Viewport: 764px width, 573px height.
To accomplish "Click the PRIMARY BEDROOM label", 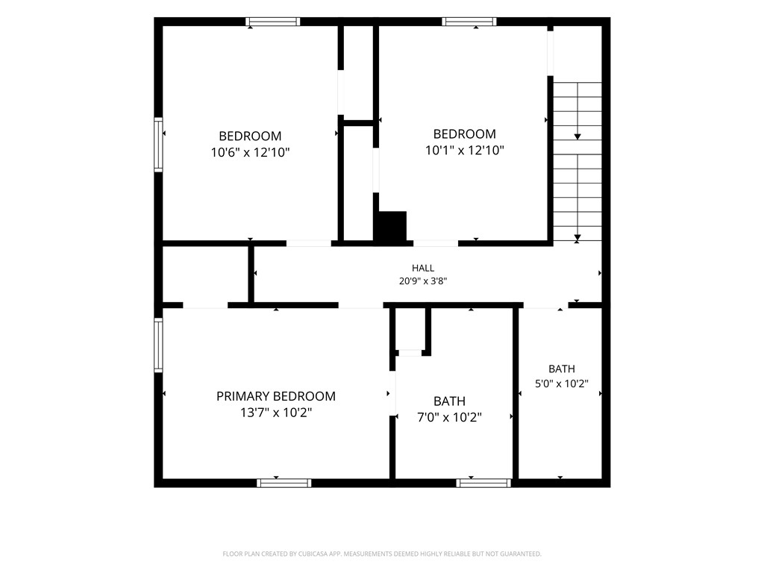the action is click(276, 396).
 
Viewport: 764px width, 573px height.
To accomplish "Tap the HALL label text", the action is click(423, 268).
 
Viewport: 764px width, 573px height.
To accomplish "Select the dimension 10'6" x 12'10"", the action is click(250, 152).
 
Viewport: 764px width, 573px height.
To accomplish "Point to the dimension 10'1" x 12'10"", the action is click(464, 150).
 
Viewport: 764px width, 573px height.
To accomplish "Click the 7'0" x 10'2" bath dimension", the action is click(449, 418).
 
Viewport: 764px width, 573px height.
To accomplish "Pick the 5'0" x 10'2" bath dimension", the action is click(562, 383).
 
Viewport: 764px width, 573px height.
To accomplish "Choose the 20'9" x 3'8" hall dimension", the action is click(423, 281).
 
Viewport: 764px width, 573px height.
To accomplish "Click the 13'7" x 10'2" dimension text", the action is click(276, 413).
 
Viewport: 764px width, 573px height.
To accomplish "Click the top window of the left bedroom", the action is click(273, 22).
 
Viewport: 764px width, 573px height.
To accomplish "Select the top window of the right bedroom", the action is click(469, 22).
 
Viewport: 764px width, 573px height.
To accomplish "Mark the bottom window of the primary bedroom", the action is click(284, 483).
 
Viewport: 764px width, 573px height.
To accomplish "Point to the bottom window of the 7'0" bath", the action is click(483, 483).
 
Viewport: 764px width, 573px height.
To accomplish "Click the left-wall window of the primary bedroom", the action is click(158, 345).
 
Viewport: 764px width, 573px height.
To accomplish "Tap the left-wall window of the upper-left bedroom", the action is click(158, 145).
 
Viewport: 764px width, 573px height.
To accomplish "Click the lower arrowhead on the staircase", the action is click(577, 238).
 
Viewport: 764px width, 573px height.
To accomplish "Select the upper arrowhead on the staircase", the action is click(577, 137).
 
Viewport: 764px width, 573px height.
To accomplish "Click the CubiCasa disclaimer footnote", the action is click(382, 554).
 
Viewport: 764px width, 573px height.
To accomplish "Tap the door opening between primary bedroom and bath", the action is click(392, 394).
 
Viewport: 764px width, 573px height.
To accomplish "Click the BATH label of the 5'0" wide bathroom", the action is click(562, 369).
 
